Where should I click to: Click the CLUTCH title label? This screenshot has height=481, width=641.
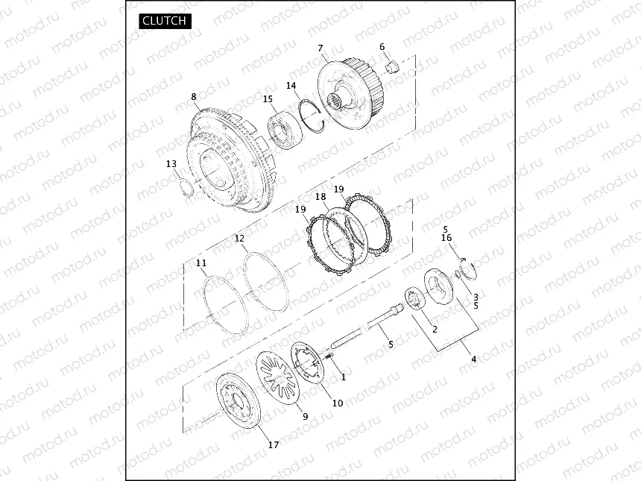[x=164, y=21]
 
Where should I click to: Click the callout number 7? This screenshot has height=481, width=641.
[x=320, y=48]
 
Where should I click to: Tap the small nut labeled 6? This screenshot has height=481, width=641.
[x=393, y=66]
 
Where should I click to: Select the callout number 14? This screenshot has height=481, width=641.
[x=291, y=86]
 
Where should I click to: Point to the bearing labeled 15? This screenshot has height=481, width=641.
[x=285, y=129]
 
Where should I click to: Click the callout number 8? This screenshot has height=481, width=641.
[x=194, y=97]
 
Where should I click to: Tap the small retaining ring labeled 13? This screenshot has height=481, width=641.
[x=185, y=188]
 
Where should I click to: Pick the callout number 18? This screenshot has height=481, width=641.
[x=321, y=197]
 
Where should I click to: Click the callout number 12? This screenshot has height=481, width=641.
[x=239, y=239]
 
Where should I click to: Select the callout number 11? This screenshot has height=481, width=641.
[x=201, y=263]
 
